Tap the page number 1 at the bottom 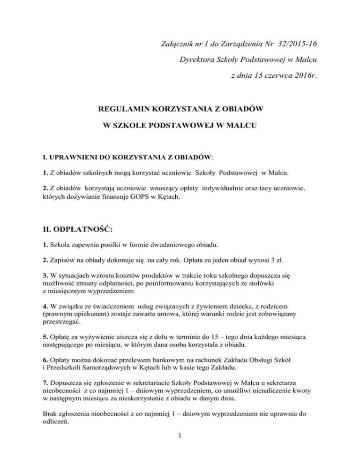[180, 447]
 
